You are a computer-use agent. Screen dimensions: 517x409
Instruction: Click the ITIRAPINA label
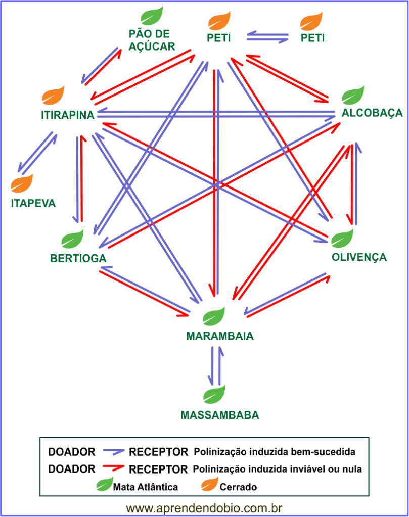(68, 115)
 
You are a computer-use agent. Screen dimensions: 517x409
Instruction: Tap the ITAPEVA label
(33, 204)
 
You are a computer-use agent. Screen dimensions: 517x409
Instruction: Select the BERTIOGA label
(78, 259)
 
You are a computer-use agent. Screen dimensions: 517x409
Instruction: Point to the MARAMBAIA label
(219, 336)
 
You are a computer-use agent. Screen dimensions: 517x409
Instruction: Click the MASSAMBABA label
(220, 415)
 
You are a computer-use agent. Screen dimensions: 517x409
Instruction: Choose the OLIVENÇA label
(359, 257)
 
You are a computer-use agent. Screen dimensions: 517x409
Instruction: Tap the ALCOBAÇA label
(372, 113)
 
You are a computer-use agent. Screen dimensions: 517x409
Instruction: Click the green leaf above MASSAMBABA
(214, 394)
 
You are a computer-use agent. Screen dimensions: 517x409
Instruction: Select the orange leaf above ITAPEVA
(22, 183)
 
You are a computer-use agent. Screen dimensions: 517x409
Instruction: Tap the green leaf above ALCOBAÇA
(353, 96)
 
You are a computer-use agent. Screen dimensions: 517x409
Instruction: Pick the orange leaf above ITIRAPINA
(53, 95)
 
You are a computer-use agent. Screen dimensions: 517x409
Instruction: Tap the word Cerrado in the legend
(239, 487)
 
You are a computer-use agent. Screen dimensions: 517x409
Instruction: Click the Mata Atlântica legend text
(146, 487)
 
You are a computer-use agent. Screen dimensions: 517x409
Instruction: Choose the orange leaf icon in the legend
(209, 486)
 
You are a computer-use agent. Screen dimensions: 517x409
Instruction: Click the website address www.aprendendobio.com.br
(204, 507)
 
